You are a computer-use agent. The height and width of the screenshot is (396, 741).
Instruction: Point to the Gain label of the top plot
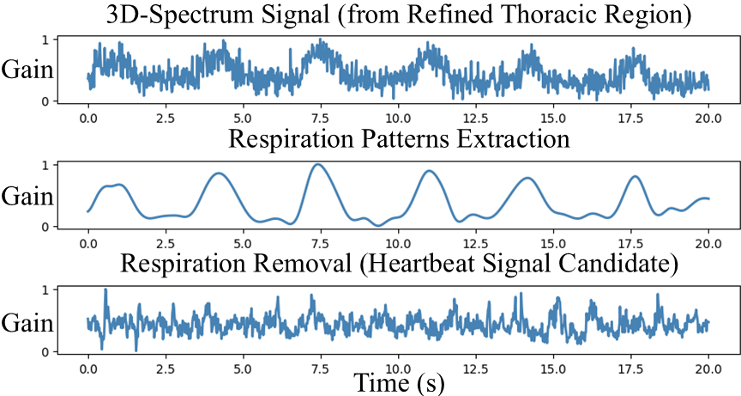27,70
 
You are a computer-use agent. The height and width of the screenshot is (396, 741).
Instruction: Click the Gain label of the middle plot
27,196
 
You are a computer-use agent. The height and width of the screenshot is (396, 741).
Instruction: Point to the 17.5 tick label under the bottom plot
631,369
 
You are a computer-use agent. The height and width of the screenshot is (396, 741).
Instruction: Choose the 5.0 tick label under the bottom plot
244,369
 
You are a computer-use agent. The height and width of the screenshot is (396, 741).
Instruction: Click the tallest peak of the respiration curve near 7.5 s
318,164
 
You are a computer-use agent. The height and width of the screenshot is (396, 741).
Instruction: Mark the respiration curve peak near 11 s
430,171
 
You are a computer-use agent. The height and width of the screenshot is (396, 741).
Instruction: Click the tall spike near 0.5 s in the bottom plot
105,290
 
